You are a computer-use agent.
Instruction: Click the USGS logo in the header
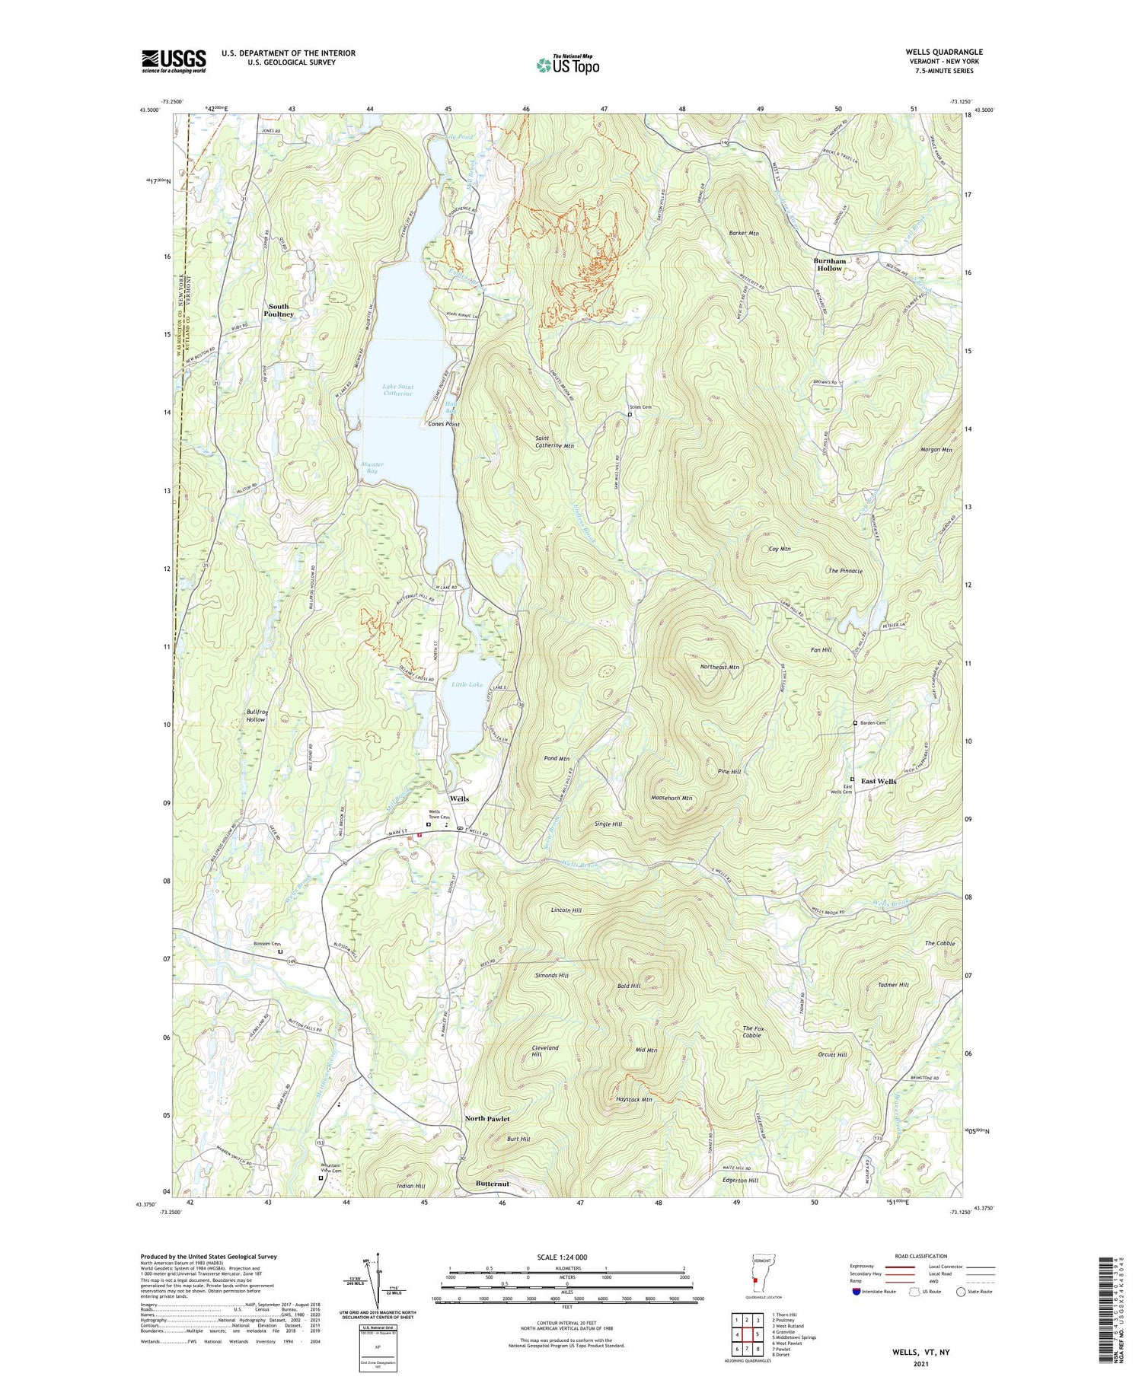[174, 61]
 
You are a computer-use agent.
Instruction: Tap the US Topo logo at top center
[568, 65]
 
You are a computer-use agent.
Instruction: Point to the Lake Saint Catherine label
[397, 390]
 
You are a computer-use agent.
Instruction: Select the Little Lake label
[467, 684]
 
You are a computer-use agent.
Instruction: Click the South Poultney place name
[279, 310]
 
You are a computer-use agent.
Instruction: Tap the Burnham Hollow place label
[830, 264]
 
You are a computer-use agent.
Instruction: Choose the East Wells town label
[878, 781]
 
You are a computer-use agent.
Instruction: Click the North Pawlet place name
[487, 1118]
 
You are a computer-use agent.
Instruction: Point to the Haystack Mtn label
[634, 1099]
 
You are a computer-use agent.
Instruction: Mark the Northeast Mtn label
[719, 667]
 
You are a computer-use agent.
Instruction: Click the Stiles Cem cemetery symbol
[630, 415]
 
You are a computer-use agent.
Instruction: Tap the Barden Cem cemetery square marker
[855, 723]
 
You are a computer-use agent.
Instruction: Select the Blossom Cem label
[266, 944]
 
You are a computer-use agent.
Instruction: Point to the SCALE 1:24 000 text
[562, 1257]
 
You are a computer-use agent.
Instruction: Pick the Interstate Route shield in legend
[856, 1292]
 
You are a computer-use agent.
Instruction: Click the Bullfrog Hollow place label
[256, 715]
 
